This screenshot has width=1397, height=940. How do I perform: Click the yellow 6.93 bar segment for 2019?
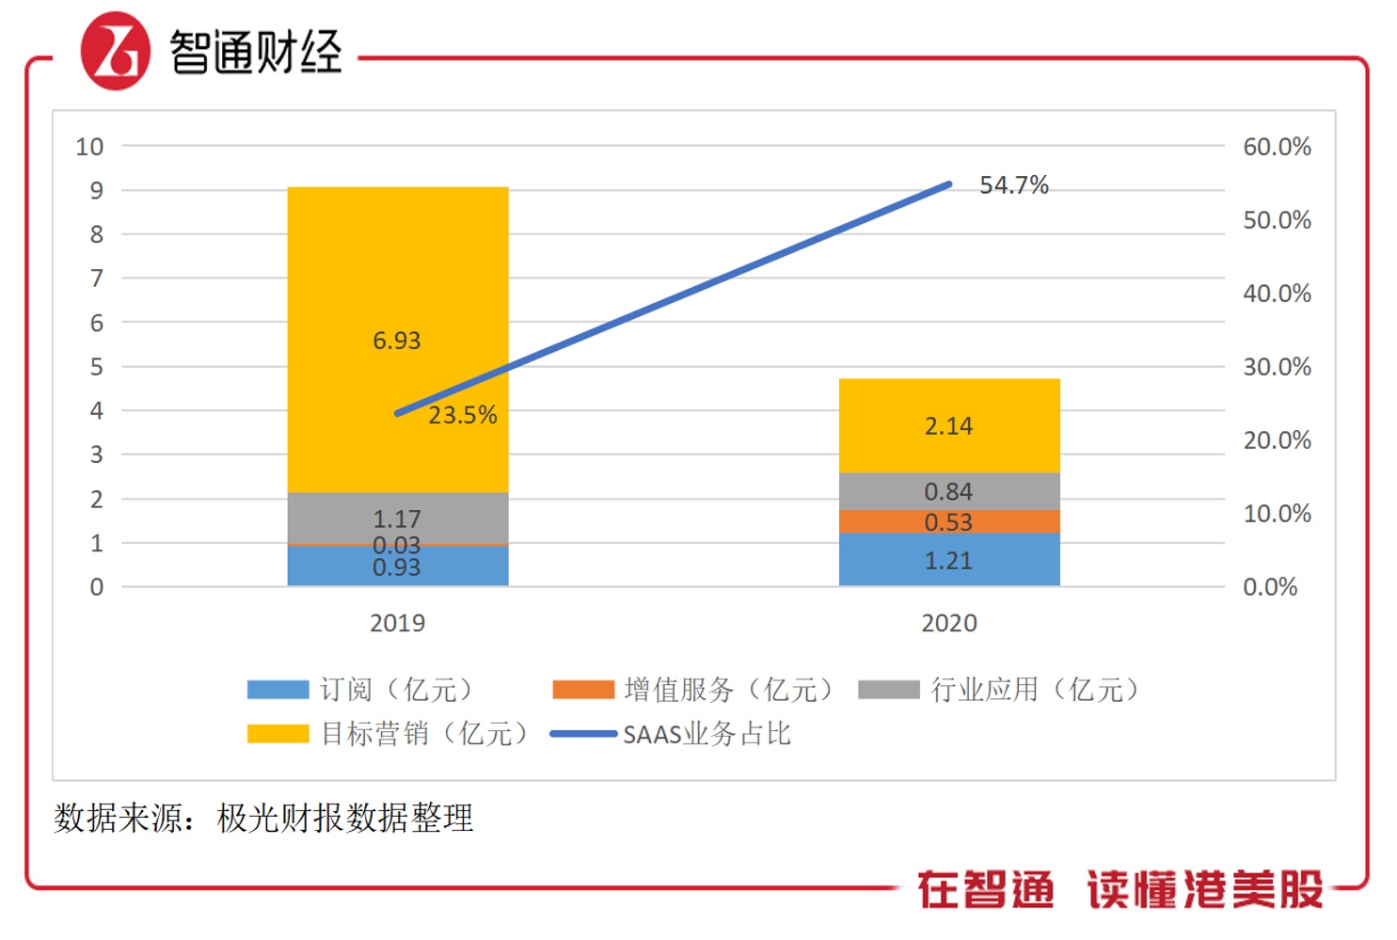point(397,282)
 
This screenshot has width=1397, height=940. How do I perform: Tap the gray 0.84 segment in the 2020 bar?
point(948,491)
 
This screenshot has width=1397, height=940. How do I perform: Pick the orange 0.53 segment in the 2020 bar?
point(948,522)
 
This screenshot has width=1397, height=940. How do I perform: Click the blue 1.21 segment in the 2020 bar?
point(948,560)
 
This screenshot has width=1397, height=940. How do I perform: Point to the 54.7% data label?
point(1013,185)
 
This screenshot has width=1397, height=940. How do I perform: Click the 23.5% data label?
point(462,415)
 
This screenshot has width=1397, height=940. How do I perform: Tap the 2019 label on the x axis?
point(397,623)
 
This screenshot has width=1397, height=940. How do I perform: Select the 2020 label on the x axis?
point(948,623)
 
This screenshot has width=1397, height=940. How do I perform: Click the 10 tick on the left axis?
point(89,147)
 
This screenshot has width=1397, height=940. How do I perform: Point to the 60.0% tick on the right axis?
point(1277,147)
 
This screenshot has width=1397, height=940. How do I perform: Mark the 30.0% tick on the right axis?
point(1277,367)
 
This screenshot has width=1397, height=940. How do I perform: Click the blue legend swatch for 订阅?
point(278,690)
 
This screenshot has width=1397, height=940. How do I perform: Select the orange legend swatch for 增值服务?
point(583,690)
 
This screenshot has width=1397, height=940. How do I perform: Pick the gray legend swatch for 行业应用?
point(888,690)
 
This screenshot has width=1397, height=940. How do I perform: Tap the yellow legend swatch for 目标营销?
point(278,734)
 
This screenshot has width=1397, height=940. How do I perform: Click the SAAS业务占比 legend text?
point(706,734)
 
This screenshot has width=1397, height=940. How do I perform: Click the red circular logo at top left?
point(115,51)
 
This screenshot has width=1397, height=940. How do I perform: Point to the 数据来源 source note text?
point(263,818)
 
